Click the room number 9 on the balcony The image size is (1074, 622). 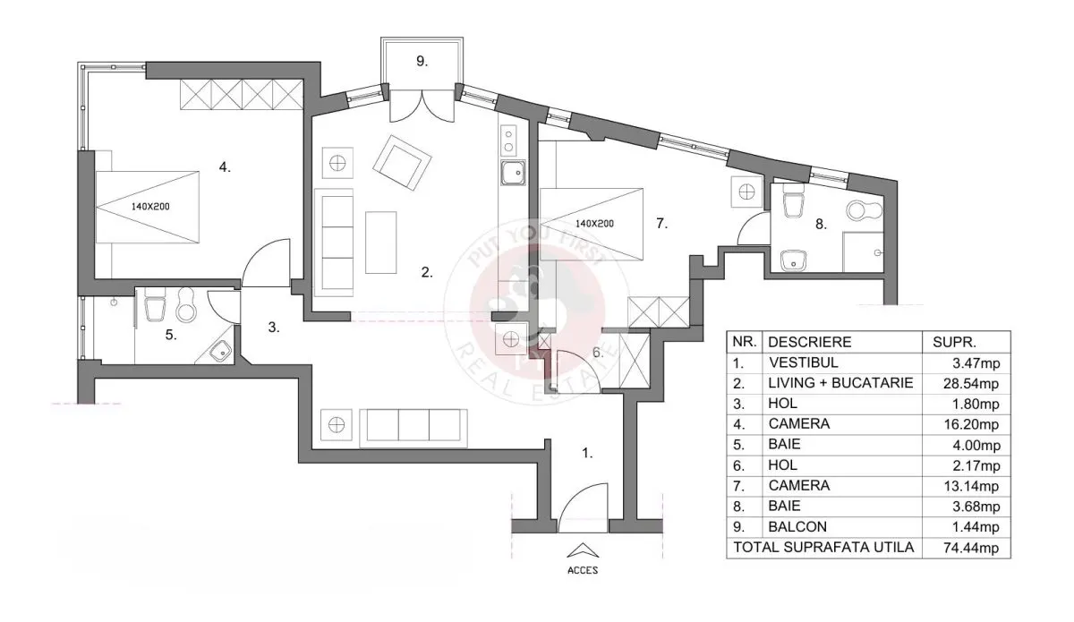tap(422, 62)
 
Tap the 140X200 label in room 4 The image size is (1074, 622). tap(150, 207)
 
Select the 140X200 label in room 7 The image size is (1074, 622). tap(594, 224)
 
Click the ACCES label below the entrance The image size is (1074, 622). tap(583, 570)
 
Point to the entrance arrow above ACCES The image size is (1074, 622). tap(583, 550)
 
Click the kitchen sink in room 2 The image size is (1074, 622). tap(513, 173)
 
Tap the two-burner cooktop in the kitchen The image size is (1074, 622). tap(508, 140)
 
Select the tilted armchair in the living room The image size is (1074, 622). tap(402, 163)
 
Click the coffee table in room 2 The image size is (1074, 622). tap(380, 243)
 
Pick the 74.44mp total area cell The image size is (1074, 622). tap(971, 548)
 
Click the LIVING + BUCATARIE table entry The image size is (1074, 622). tap(840, 383)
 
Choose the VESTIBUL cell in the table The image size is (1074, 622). tap(804, 362)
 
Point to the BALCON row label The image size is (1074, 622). tap(797, 526)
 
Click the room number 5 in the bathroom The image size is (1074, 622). tap(171, 335)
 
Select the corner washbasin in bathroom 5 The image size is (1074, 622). tap(220, 351)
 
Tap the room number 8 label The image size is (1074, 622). tap(822, 224)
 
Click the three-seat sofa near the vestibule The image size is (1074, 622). tap(413, 428)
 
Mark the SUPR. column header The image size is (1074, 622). tap(954, 343)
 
